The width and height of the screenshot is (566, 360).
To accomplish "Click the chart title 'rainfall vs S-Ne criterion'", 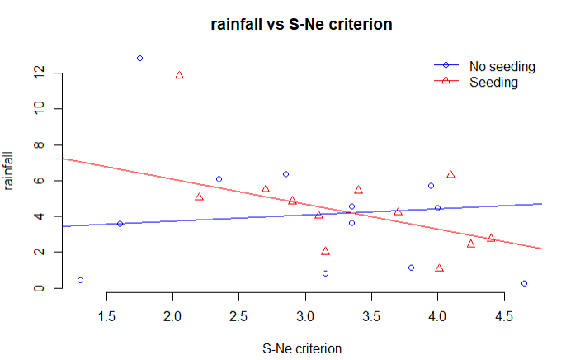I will (x=300, y=25).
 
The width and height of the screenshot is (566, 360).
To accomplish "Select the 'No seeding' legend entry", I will (x=502, y=66).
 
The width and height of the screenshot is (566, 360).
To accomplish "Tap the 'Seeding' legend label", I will (x=493, y=82).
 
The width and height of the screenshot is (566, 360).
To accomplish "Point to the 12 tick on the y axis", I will (x=38, y=73).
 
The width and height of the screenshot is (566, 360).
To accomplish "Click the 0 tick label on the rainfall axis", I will (x=38, y=288).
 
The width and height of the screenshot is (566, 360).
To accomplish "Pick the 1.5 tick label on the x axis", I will (x=106, y=315).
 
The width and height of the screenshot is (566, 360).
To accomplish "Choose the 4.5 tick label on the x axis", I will (x=504, y=315).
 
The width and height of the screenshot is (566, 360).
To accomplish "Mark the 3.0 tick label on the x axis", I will (x=305, y=315).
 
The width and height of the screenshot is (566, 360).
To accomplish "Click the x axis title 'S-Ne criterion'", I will (x=302, y=348).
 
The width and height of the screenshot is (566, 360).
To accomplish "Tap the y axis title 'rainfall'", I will (x=11, y=170).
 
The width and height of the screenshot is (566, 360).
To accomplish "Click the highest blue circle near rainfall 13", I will (x=139, y=59).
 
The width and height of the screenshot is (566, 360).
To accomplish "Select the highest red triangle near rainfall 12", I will (x=179, y=76).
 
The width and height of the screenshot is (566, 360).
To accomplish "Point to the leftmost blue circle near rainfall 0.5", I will (x=80, y=280).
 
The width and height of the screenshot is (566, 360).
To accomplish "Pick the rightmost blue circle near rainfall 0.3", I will (x=524, y=283).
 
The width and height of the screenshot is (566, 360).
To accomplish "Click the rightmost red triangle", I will (x=491, y=238).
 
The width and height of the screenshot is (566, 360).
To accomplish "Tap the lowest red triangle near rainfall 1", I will (x=439, y=268).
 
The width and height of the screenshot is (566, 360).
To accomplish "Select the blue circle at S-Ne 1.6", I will (x=120, y=224).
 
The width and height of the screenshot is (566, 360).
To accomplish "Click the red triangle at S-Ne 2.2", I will (x=199, y=197).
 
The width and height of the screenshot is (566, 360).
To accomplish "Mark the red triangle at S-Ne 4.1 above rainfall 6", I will (x=450, y=175).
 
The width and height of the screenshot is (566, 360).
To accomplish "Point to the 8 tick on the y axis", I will (x=38, y=145).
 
